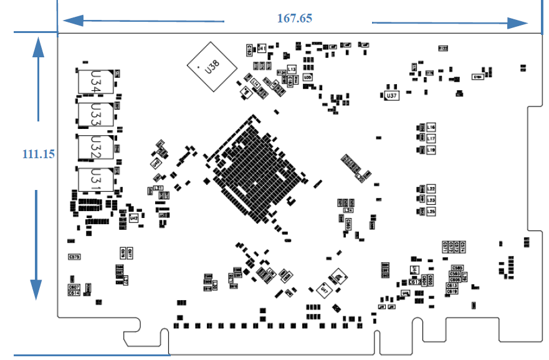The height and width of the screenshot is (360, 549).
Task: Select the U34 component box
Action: click(96, 82)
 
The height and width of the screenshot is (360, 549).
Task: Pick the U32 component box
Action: click(96, 147)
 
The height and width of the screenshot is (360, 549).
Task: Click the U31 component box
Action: click(96, 179)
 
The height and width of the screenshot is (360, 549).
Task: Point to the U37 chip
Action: click(391, 95)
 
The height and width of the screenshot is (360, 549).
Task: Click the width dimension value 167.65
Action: click(295, 18)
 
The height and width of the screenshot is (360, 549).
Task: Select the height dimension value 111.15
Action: click(37, 154)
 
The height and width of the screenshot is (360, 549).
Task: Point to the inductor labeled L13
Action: click(291, 69)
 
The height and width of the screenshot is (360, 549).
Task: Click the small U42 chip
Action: click(133, 218)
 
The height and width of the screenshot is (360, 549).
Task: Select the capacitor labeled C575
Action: click(74, 257)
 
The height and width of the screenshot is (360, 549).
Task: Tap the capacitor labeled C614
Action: click(74, 293)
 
